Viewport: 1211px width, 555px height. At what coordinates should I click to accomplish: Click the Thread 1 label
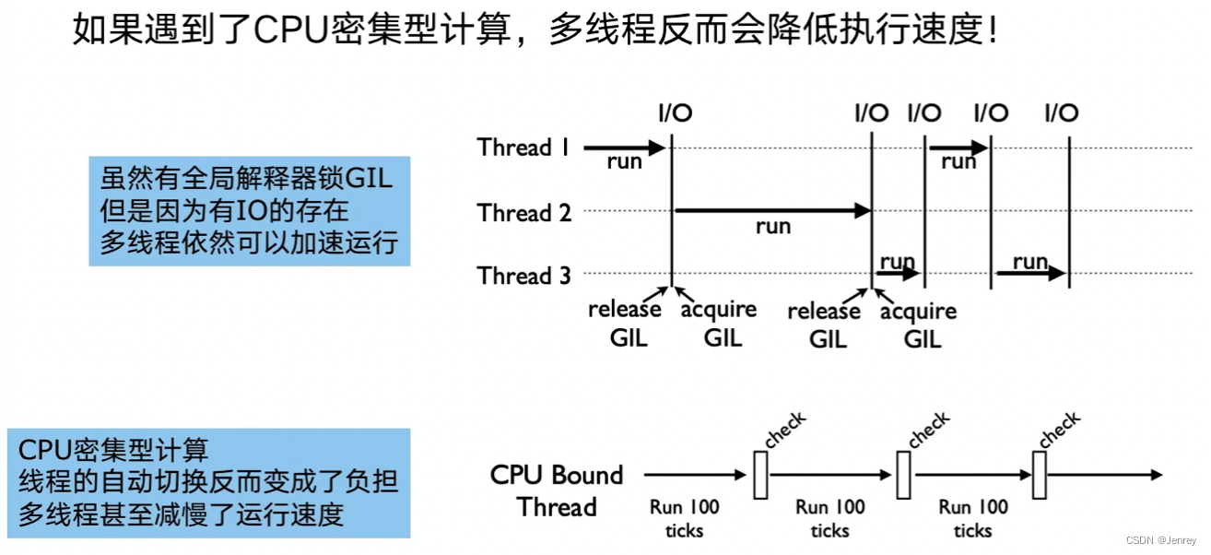[523, 148]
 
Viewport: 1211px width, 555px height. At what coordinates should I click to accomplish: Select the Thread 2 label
[523, 212]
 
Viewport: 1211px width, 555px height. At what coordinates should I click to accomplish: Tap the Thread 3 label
[523, 275]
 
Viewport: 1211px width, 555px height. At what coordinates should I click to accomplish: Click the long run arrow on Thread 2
[772, 211]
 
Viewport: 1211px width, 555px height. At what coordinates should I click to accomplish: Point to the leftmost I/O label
[675, 113]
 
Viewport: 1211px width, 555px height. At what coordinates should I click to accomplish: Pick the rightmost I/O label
[1062, 113]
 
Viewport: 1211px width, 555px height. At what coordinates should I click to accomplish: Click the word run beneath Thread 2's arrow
[772, 227]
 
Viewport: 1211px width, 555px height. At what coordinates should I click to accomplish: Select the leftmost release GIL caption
[625, 324]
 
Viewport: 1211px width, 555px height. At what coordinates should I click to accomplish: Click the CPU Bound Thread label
[557, 490]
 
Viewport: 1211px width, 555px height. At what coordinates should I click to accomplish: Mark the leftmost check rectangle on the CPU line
[759, 474]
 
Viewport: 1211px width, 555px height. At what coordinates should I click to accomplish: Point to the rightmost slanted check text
[1059, 430]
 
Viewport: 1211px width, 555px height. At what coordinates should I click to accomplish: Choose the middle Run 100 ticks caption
[830, 518]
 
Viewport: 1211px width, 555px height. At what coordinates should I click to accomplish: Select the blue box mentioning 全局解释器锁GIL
[249, 211]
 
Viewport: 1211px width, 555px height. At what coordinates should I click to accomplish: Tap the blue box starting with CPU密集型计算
[208, 482]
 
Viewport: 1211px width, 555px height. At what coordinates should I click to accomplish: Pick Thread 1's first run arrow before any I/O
[624, 148]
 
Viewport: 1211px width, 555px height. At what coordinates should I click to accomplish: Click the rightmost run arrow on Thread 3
[1030, 273]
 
